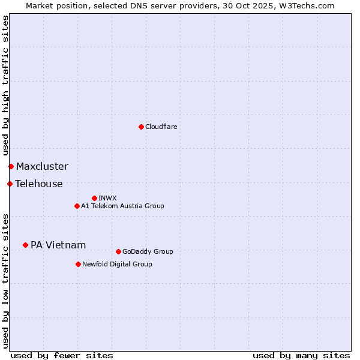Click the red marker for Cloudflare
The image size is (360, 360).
(x=141, y=127)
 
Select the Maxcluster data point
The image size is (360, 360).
(x=11, y=166)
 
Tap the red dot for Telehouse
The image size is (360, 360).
(x=10, y=184)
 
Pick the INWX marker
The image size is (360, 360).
(x=94, y=198)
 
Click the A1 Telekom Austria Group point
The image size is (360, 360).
(x=77, y=206)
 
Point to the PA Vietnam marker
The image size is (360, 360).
(x=25, y=245)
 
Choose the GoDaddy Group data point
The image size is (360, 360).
(x=118, y=251)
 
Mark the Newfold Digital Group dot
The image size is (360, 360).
(x=78, y=264)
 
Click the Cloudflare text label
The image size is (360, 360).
(x=161, y=127)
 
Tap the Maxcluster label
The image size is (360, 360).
(x=42, y=166)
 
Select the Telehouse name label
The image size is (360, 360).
(x=39, y=184)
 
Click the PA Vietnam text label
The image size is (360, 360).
(x=58, y=245)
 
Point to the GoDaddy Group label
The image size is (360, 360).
(x=148, y=251)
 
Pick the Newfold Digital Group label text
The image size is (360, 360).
(x=117, y=264)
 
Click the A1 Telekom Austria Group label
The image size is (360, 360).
(x=122, y=206)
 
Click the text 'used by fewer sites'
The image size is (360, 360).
(x=62, y=355)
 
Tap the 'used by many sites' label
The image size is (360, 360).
(x=301, y=355)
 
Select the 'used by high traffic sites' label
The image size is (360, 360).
(x=5, y=85)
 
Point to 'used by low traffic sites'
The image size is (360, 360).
(x=5, y=281)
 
